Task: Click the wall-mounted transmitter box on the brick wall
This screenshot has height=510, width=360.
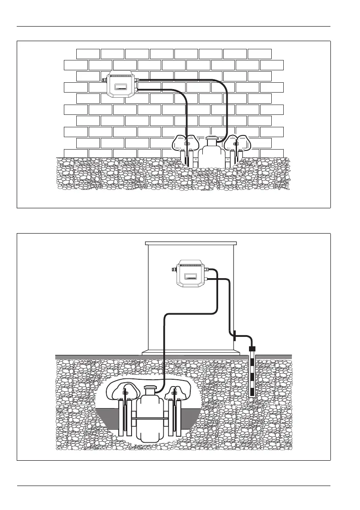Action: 121,84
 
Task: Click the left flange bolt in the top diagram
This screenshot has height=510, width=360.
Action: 187,143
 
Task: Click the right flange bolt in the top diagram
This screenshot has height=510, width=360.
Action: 235,143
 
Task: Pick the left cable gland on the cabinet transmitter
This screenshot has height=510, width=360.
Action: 174,270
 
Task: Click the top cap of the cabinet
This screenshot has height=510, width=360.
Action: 191,243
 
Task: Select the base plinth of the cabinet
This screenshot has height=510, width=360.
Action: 191,353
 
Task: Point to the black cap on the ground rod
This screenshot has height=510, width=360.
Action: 252,348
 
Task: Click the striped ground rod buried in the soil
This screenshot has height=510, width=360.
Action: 252,373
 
